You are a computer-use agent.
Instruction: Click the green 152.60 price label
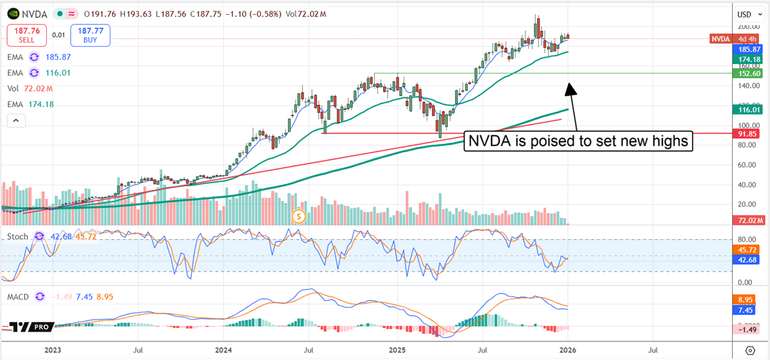click(749, 74)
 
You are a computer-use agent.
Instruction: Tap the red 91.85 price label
click(749, 133)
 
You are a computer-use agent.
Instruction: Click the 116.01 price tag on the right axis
click(749, 110)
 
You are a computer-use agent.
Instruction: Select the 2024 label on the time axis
click(223, 350)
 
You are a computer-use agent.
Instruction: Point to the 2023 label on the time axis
click(53, 350)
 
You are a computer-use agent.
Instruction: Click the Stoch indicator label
click(17, 236)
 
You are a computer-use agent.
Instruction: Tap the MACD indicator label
click(19, 296)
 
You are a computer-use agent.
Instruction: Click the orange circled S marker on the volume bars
click(298, 217)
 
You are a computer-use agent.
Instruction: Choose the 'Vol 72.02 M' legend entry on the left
click(30, 89)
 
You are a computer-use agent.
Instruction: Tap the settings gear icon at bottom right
click(749, 350)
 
